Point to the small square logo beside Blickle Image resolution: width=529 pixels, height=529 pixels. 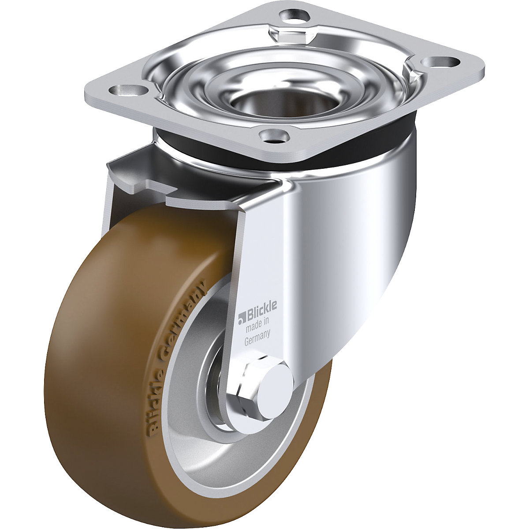pos(241,316)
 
